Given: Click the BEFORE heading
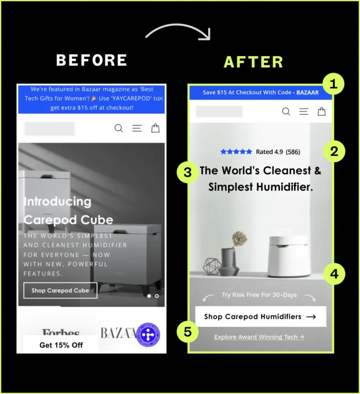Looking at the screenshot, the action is pyautogui.click(x=91, y=60).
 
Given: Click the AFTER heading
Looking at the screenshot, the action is pyautogui.click(x=254, y=62).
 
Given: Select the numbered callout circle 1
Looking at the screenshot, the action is pyautogui.click(x=333, y=84).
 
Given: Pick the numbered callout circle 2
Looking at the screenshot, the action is pyautogui.click(x=334, y=151).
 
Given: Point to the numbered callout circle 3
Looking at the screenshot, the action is pyautogui.click(x=187, y=172).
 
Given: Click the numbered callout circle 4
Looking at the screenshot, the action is pyautogui.click(x=334, y=274).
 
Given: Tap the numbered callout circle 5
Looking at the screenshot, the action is pyautogui.click(x=187, y=332).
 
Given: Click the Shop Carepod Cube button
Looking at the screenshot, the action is pyautogui.click(x=60, y=290).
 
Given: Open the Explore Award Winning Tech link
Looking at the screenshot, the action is pyautogui.click(x=259, y=337).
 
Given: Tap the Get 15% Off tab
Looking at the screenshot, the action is pyautogui.click(x=61, y=345).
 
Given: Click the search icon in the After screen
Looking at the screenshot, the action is pyautogui.click(x=286, y=112).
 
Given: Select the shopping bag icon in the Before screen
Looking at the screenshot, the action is pyautogui.click(x=155, y=128).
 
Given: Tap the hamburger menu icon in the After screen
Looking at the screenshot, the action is pyautogui.click(x=304, y=112).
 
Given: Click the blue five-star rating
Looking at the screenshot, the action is pyautogui.click(x=236, y=151).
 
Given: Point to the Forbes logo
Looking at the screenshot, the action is pyautogui.click(x=61, y=332).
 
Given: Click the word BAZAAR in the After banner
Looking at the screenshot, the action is pyautogui.click(x=307, y=92).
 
